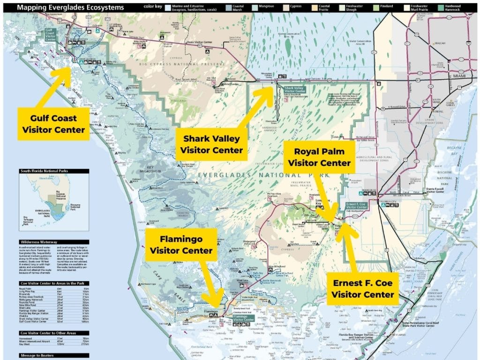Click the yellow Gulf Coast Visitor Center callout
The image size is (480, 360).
pyautogui.click(x=51, y=123)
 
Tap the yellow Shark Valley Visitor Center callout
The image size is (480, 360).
pyautogui.click(x=211, y=144)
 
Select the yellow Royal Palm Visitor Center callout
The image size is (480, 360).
pyautogui.click(x=319, y=157)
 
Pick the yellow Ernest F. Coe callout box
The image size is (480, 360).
pyautogui.click(x=363, y=289)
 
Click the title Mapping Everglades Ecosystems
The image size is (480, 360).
pyautogui.click(x=70, y=7)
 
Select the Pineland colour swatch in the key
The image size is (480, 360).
pyautogui.click(x=373, y=7)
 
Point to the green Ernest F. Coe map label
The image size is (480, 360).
pyautogui.click(x=359, y=206)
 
